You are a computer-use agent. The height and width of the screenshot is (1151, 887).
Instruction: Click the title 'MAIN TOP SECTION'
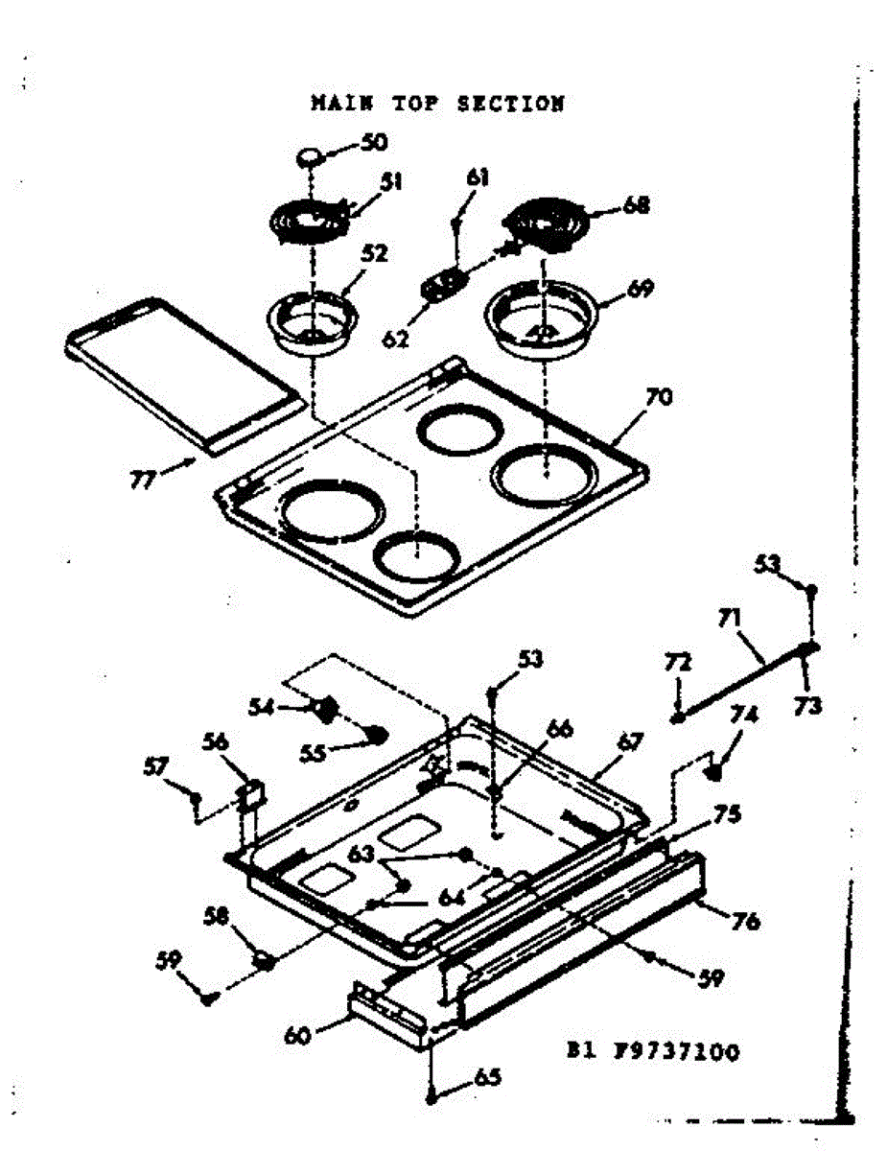[437, 104]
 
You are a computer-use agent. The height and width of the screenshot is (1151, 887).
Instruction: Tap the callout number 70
[659, 396]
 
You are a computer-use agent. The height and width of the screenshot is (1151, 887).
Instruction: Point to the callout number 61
[478, 177]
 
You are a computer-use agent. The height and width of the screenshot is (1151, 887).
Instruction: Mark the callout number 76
[744, 922]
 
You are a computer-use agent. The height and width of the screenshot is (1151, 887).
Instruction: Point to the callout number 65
[488, 1077]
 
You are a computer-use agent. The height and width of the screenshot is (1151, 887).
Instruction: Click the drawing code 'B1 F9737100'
[651, 1052]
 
